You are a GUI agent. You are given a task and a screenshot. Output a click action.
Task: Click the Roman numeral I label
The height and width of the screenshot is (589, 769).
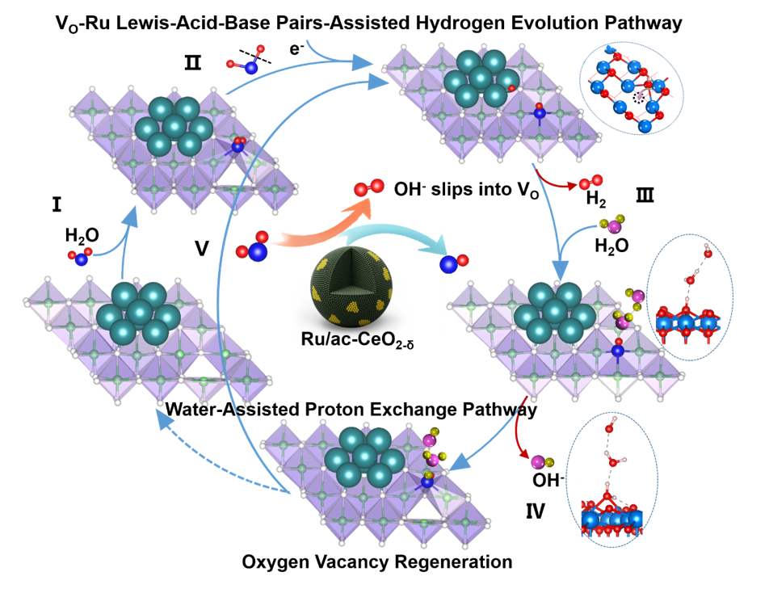point(56,205)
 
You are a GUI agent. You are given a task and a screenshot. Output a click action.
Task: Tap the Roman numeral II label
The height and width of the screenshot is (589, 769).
point(192,61)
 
